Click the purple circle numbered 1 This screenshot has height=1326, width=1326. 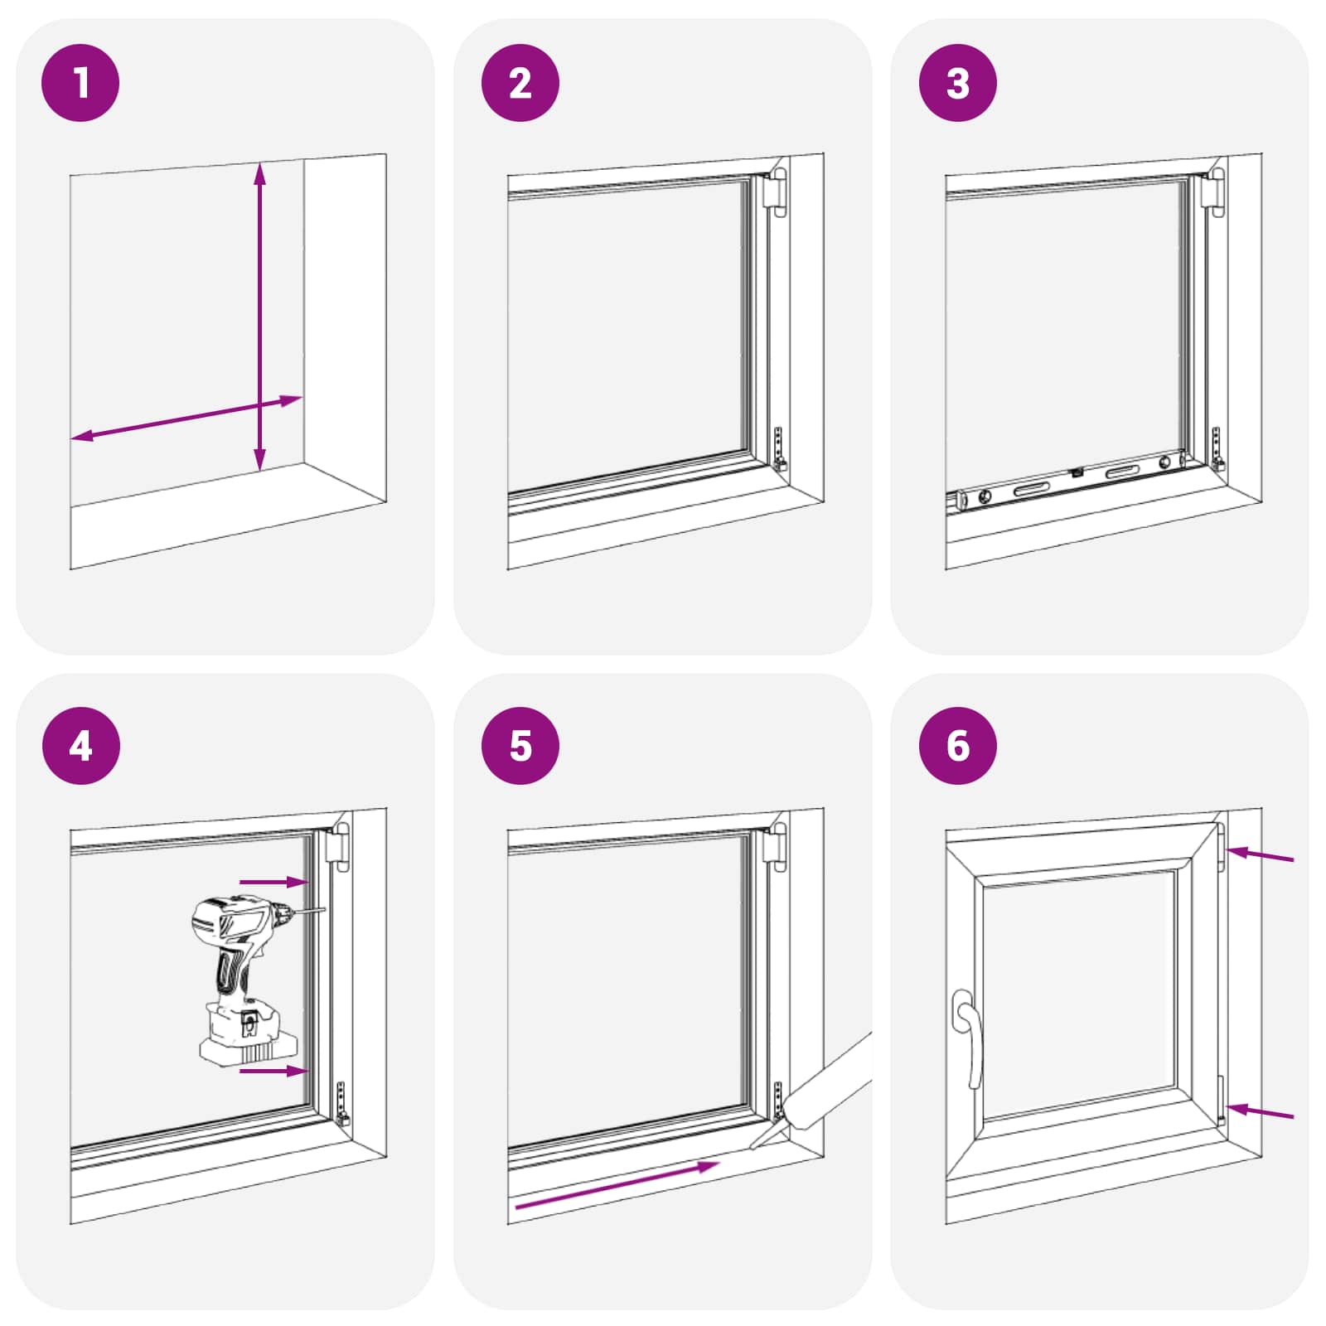pyautogui.click(x=80, y=83)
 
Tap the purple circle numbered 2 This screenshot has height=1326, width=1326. pyautogui.click(x=520, y=83)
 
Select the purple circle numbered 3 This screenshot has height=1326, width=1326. pyautogui.click(x=957, y=83)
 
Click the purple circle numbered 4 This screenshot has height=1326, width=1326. pyautogui.click(x=80, y=746)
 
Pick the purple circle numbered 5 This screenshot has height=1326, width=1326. pyautogui.click(x=520, y=746)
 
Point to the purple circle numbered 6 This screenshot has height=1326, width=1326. pyautogui.click(x=957, y=746)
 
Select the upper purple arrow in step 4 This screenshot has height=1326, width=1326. pyautogui.click(x=273, y=882)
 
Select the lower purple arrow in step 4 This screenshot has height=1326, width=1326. pyautogui.click(x=273, y=1072)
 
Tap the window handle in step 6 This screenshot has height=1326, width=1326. pyautogui.click(x=968, y=1036)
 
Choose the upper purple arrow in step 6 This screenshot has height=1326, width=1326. pyautogui.click(x=1260, y=855)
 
